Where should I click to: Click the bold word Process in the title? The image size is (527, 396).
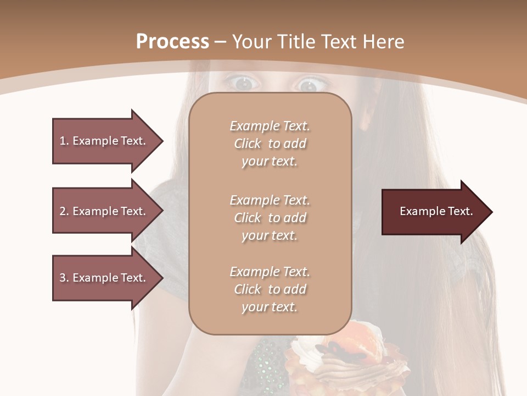[172, 42]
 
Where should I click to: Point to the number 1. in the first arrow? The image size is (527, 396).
[64, 141]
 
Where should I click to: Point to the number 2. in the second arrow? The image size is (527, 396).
[64, 211]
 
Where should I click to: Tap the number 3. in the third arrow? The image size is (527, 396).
[64, 278]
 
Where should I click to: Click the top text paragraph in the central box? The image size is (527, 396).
[270, 144]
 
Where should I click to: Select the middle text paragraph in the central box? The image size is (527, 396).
[270, 218]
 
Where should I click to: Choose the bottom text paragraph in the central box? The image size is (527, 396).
[270, 289]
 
